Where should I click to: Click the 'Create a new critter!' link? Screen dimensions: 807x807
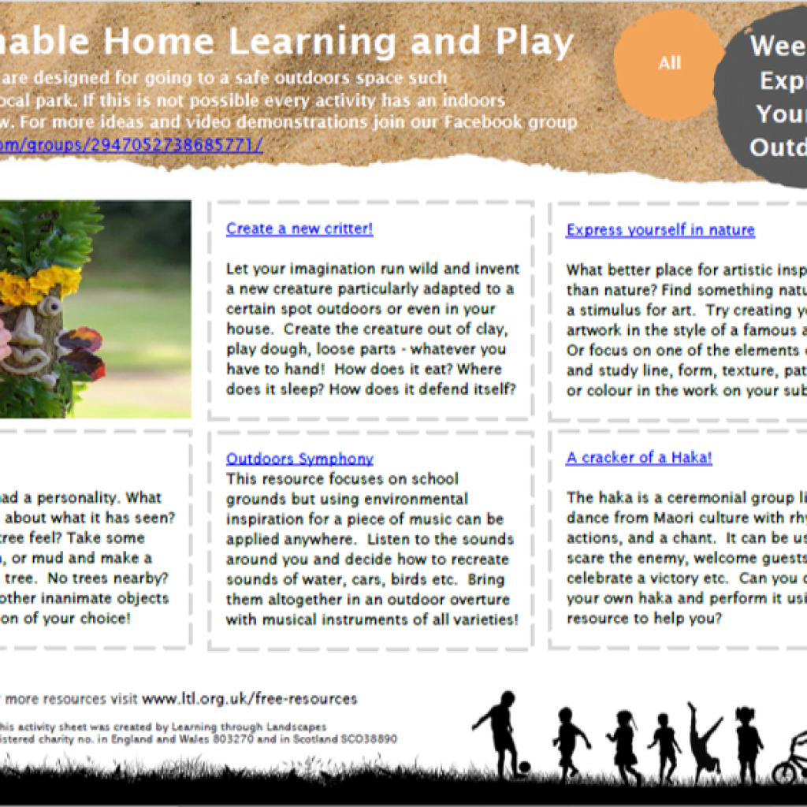[x=299, y=229]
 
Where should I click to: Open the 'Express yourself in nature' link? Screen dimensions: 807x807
[x=660, y=230]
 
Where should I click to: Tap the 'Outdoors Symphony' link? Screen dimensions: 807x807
[x=299, y=459]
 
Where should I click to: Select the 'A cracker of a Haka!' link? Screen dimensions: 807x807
[x=638, y=458]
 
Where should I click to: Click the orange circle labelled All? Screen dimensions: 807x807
[x=668, y=64]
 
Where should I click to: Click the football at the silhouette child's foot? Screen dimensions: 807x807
[x=524, y=766]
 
